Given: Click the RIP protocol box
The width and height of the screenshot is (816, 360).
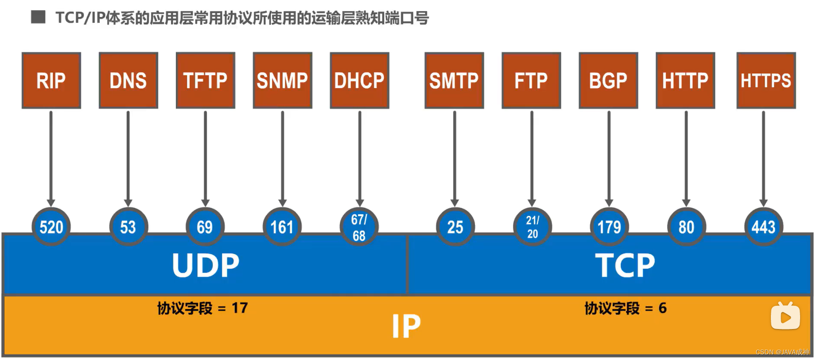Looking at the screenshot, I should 51,80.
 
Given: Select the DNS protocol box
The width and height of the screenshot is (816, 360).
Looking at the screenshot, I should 128,80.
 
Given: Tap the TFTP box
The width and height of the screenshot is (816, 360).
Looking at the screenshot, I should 206,80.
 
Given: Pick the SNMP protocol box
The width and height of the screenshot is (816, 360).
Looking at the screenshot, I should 282,80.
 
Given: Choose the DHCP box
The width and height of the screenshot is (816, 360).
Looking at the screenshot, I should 359,80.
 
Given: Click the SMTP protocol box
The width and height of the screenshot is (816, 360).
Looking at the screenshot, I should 454,80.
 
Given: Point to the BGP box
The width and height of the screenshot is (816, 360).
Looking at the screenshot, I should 608,80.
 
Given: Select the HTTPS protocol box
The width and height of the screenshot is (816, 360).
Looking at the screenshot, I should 766,80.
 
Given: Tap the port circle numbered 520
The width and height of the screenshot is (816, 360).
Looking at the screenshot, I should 51,227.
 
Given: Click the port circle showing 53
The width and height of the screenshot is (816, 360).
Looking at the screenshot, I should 128,227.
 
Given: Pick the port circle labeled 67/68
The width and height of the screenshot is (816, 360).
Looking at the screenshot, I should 359,227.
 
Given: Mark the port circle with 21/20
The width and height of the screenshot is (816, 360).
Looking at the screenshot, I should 532,227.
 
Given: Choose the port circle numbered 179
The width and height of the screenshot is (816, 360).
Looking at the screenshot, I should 609,227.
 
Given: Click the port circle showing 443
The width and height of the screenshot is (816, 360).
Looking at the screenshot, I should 764,227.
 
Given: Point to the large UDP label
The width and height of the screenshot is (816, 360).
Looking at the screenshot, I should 206,265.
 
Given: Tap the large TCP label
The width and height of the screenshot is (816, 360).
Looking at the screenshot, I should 625,265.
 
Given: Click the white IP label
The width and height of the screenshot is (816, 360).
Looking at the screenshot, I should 406,326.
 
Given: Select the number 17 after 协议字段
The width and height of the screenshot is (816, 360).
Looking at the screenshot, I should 240,308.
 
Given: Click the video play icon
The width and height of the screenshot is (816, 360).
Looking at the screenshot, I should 785,316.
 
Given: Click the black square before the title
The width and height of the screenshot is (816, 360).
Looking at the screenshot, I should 38,17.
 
